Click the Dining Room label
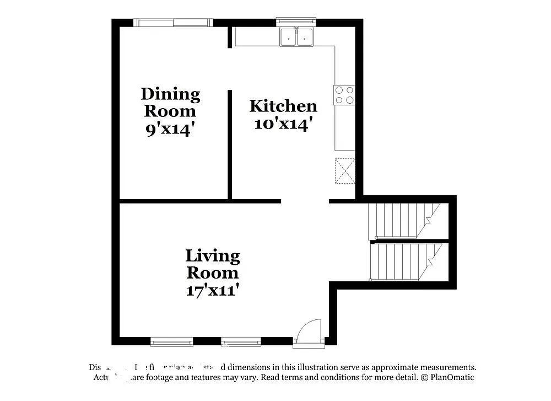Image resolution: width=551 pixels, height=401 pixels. point(170,102)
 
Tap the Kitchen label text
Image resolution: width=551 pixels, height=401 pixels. point(283,106)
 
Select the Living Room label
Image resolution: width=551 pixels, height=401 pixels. point(213,264)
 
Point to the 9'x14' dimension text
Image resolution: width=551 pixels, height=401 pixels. point(170,130)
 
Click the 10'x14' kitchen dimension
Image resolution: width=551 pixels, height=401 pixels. point(283,123)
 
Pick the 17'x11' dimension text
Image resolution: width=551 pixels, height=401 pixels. point(213,290)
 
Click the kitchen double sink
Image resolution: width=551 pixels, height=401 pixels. point(296,37)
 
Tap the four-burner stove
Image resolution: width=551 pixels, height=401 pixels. point(344,95)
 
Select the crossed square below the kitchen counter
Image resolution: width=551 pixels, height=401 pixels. point(345,170)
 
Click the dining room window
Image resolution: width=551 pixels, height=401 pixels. point(173,23)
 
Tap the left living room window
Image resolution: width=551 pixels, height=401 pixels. point(172,342)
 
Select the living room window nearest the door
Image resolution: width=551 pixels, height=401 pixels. point(241,342)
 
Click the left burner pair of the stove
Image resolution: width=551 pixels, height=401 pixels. point(339,95)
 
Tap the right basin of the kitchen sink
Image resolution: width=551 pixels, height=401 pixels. point(304,38)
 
